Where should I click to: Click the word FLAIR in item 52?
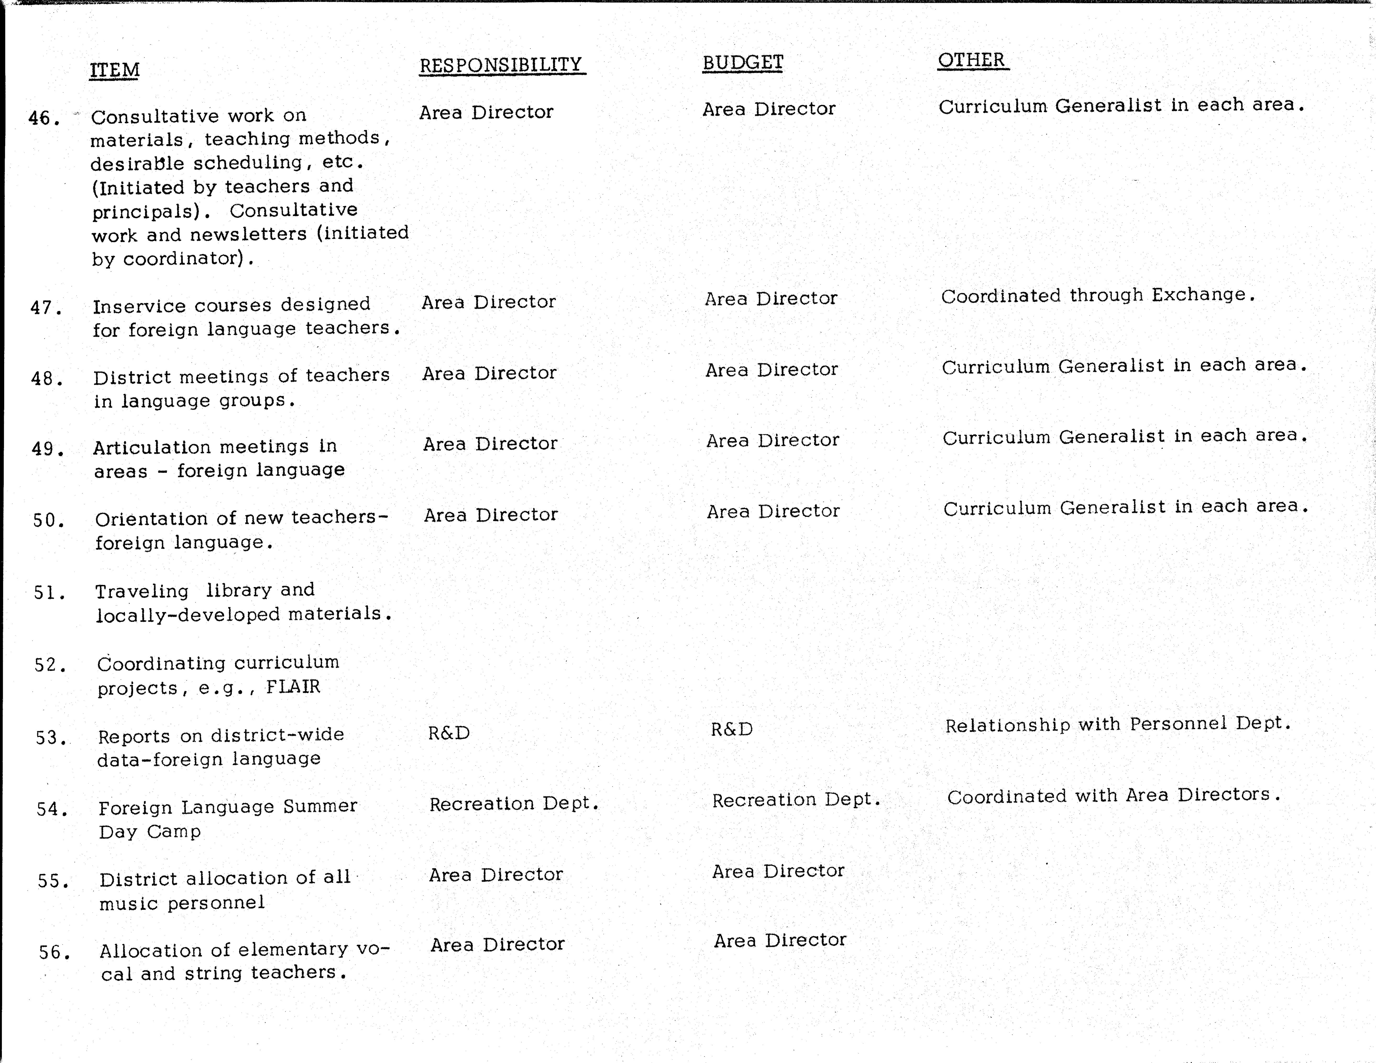coord(293,686)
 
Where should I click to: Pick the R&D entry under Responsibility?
coord(449,733)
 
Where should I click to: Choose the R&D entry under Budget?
coord(731,729)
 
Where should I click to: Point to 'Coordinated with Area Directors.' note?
coord(1113,795)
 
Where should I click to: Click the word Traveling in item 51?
coord(142,591)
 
